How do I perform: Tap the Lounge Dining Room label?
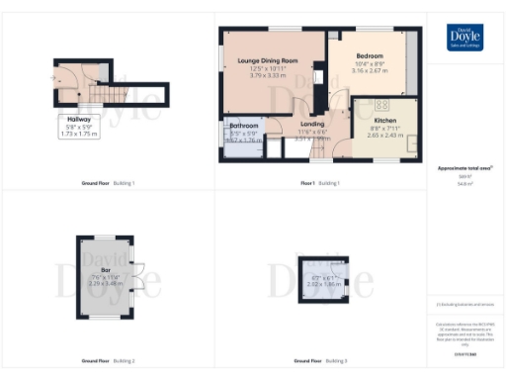pyautogui.click(x=268, y=60)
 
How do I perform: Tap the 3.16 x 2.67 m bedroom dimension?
pyautogui.click(x=372, y=72)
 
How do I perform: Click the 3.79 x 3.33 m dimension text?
pyautogui.click(x=268, y=74)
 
